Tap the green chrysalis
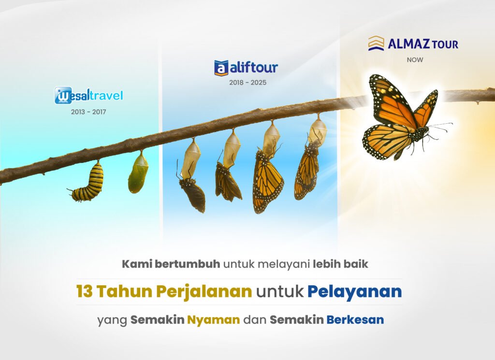click(x=138, y=173)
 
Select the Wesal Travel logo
click(x=89, y=95)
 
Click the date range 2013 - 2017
click(x=88, y=112)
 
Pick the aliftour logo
click(x=246, y=68)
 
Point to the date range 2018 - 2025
click(x=248, y=83)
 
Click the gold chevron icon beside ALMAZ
click(x=376, y=43)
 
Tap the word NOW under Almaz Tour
click(x=415, y=60)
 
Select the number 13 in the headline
click(x=84, y=291)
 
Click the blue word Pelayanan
click(x=354, y=292)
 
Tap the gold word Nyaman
click(x=213, y=320)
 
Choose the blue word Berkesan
click(x=355, y=319)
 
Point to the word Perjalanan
click(x=204, y=292)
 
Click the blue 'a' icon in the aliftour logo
click(x=221, y=68)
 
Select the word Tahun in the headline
click(x=124, y=291)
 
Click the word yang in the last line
click(x=112, y=321)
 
